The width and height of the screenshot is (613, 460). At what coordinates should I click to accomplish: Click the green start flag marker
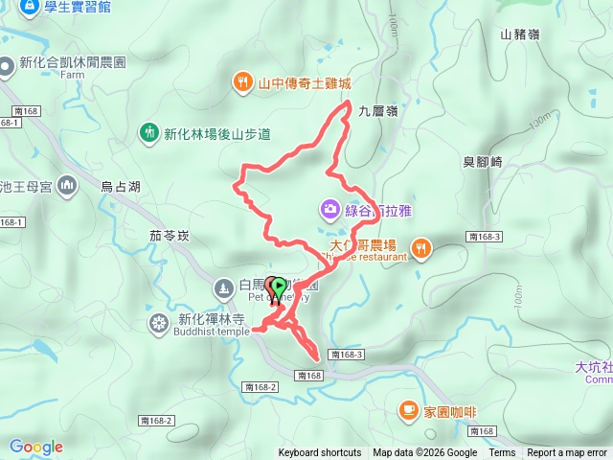[277, 287]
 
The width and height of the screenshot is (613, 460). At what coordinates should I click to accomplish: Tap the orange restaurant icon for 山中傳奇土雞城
[243, 83]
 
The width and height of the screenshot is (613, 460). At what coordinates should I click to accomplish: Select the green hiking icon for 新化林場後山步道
[148, 132]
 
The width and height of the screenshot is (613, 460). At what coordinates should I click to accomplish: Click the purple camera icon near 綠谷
[329, 208]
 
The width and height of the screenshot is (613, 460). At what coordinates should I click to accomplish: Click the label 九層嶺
[377, 111]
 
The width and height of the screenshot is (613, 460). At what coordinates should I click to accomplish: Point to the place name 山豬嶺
[519, 34]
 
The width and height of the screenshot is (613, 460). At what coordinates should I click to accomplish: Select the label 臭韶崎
[483, 162]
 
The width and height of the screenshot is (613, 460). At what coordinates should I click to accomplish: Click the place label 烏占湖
[121, 187]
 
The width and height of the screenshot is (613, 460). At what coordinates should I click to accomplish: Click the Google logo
[36, 447]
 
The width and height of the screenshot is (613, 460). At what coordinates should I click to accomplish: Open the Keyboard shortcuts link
[320, 453]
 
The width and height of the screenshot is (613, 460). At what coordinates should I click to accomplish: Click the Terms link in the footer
[502, 453]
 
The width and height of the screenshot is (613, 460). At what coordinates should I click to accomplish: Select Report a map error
[568, 453]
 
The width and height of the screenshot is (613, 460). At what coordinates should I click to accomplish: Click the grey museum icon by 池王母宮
[67, 185]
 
